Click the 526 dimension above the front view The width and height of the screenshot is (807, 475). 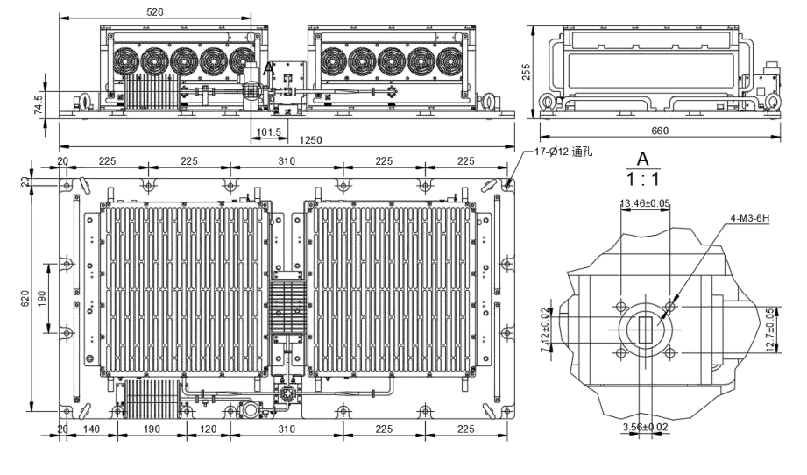coord(155,11)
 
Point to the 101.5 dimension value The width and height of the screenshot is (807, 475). coord(266,132)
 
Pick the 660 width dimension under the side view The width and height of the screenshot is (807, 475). coord(661,131)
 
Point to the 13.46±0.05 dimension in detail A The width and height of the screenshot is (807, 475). coord(646,203)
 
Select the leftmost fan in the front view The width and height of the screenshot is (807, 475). coord(127,61)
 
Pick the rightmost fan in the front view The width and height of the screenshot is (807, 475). coord(450,61)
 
